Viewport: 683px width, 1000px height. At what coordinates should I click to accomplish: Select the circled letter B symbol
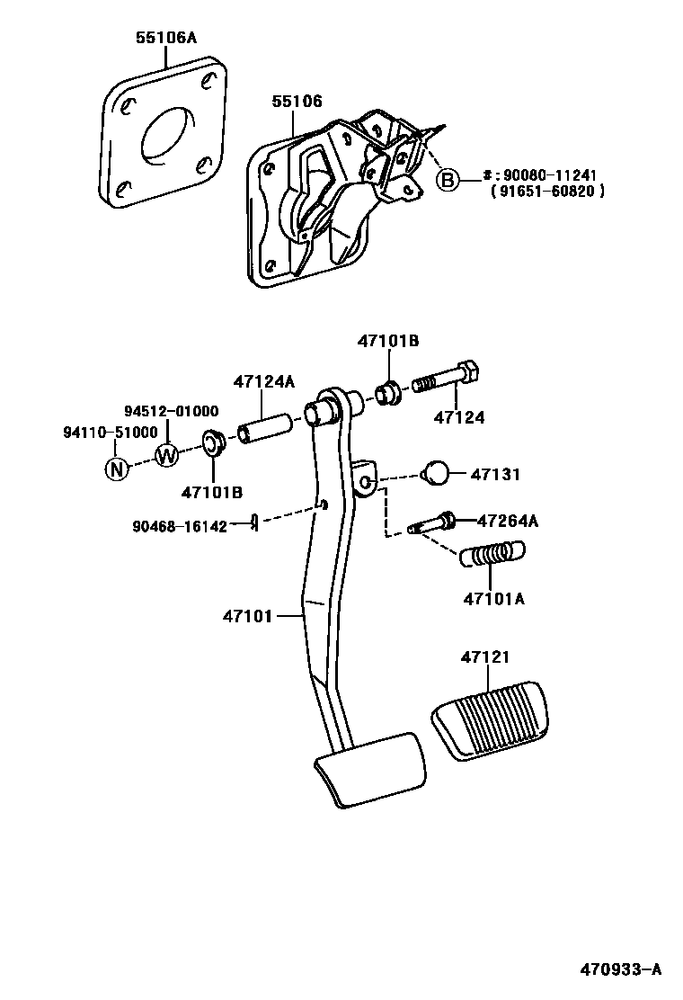tap(447, 180)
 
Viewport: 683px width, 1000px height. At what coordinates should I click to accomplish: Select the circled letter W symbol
tap(167, 455)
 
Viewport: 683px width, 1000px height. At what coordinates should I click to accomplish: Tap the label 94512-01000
tap(171, 411)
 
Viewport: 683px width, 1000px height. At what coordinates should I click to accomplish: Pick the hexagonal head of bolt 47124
tap(468, 373)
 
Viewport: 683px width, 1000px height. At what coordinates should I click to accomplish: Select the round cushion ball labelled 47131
tap(435, 472)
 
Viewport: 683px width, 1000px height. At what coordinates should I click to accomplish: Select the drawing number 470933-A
tap(619, 969)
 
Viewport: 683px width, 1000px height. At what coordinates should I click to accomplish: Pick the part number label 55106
tap(297, 102)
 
